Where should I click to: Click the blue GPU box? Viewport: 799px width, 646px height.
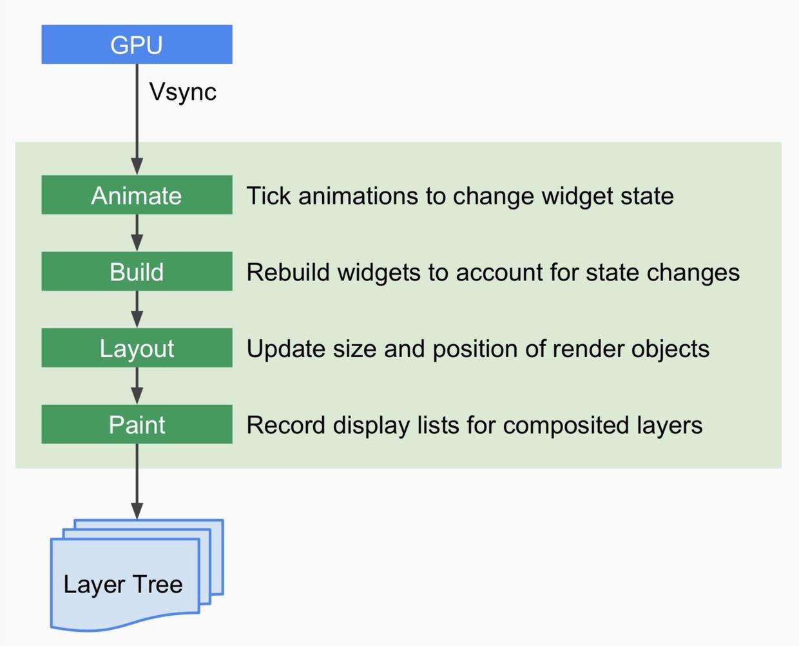click(137, 44)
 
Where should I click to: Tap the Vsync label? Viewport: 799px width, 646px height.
click(182, 92)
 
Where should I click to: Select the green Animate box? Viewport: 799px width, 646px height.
click(137, 195)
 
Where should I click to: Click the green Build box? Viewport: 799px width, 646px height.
click(137, 271)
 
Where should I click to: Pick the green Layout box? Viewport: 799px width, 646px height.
click(137, 348)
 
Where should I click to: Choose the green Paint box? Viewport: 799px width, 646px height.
click(137, 424)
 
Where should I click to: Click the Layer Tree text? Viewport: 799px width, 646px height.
click(122, 584)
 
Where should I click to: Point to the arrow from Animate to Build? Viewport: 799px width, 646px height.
click(137, 233)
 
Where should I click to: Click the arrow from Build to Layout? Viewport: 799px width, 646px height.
click(137, 309)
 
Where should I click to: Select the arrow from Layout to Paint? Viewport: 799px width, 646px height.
click(137, 386)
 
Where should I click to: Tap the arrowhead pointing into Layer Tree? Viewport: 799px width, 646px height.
click(137, 511)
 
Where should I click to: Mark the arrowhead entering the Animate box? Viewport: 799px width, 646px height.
click(137, 166)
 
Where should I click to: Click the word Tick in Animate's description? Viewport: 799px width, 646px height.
click(269, 196)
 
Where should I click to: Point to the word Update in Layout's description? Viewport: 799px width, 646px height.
click(285, 349)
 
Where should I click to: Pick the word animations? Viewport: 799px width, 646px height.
click(358, 196)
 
